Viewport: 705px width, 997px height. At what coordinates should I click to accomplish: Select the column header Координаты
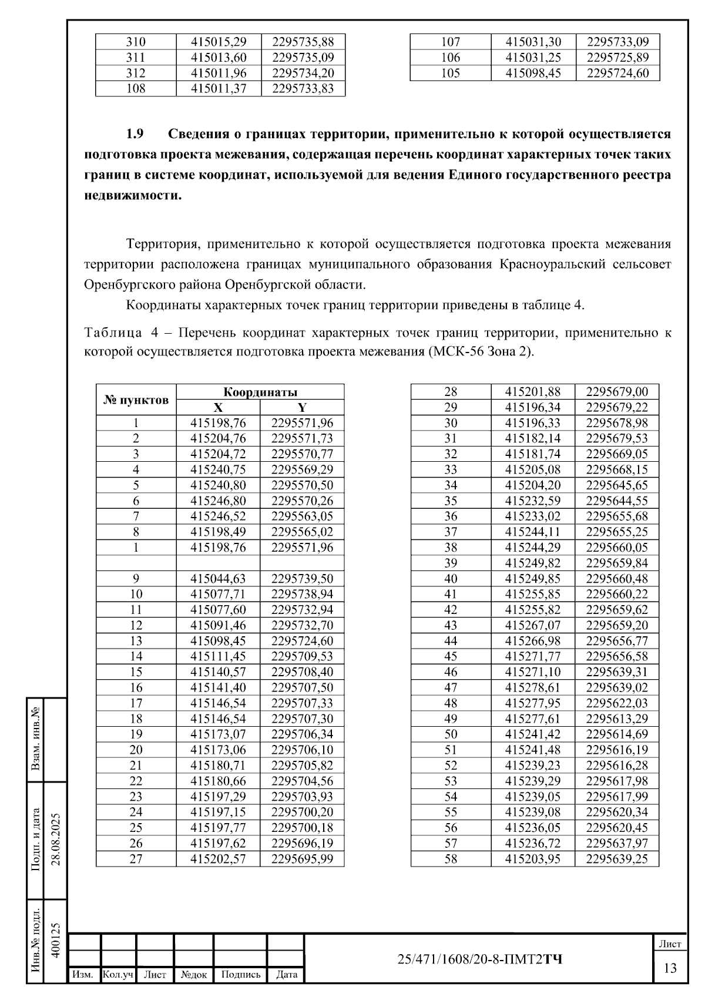(260, 392)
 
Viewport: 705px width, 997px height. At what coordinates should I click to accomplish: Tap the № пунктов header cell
(136, 400)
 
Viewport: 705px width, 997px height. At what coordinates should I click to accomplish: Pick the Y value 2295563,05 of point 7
(302, 516)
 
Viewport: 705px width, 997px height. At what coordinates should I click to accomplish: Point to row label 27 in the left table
(136, 859)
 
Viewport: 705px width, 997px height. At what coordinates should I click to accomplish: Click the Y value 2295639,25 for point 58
(617, 859)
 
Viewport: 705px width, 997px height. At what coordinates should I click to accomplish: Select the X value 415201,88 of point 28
(533, 392)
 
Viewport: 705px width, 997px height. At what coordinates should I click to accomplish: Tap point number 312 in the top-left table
(136, 73)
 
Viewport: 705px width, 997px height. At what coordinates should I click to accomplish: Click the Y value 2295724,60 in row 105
(617, 73)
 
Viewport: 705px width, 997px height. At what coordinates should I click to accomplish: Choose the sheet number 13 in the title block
(670, 968)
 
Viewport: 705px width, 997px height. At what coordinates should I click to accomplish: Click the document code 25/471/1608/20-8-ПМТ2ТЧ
(479, 959)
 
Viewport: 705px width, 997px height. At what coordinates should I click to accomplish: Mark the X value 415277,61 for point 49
(533, 719)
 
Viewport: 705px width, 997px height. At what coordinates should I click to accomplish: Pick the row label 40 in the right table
(451, 579)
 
